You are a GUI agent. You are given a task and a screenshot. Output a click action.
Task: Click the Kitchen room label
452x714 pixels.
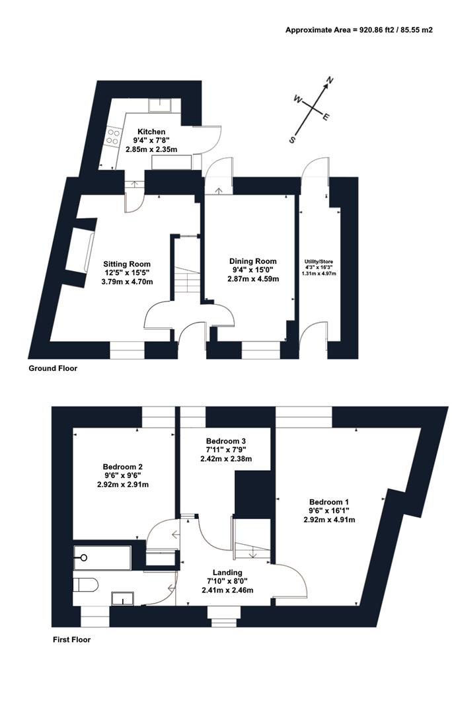[151, 132]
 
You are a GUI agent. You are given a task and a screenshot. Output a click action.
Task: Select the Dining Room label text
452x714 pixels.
[252, 261]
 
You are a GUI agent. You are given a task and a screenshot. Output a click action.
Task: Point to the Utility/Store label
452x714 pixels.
[318, 262]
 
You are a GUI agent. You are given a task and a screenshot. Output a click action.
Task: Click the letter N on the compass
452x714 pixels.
[330, 82]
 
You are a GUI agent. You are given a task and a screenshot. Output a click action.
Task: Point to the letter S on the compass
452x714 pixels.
[291, 140]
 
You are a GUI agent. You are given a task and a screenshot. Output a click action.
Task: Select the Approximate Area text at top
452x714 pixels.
[359, 30]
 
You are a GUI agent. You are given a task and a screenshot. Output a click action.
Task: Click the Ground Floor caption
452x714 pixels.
[52, 368]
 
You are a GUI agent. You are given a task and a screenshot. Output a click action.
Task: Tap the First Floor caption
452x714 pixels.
[71, 640]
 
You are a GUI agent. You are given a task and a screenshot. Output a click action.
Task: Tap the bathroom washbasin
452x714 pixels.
[123, 599]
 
